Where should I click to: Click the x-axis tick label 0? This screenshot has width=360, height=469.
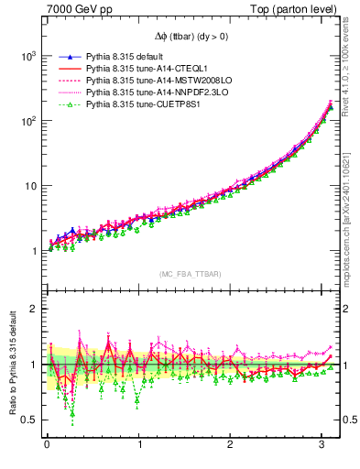coord(47,446)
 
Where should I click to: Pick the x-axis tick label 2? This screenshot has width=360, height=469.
coord(233,446)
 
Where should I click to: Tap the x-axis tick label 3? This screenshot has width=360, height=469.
coord(325,446)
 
